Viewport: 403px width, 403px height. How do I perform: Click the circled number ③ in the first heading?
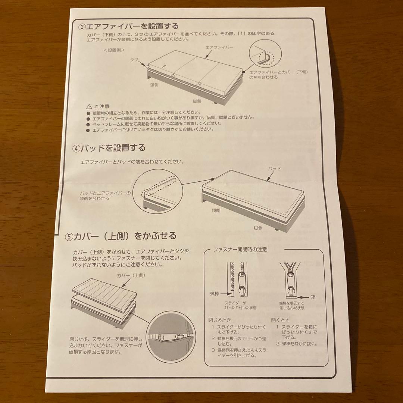pyautogui.click(x=82, y=27)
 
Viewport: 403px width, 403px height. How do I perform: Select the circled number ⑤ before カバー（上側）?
pyautogui.click(x=69, y=237)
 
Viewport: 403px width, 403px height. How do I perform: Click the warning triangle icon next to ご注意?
pyautogui.click(x=89, y=106)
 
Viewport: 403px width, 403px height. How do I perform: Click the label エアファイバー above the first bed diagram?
pyautogui.click(x=219, y=47)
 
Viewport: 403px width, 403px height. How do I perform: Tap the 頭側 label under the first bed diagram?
pyautogui.click(x=154, y=85)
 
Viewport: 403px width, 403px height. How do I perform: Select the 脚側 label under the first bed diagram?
pyautogui.click(x=197, y=101)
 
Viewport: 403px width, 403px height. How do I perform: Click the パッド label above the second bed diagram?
pyautogui.click(x=275, y=169)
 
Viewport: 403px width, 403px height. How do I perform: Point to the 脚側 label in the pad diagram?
pyautogui.click(x=258, y=228)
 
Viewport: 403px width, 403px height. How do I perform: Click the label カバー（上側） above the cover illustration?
pyautogui.click(x=131, y=275)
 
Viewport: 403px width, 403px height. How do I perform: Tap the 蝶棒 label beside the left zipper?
pyautogui.click(x=215, y=294)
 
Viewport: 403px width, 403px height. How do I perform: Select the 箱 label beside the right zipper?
pyautogui.click(x=313, y=297)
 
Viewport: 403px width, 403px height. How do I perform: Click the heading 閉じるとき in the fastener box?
pyautogui.click(x=220, y=320)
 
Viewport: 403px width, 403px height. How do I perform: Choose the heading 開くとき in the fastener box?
pyautogui.click(x=280, y=320)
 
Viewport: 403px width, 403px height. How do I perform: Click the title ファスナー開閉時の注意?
pyautogui.click(x=240, y=249)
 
